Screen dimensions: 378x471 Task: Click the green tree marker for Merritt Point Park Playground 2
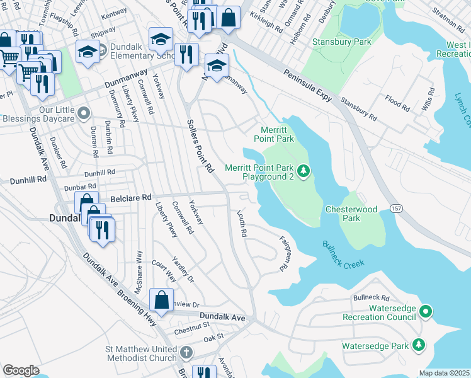pyautogui.click(x=304, y=171)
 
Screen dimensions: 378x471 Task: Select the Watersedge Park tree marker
pyautogui.click(x=418, y=345)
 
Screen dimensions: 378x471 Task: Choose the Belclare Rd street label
pyautogui.click(x=132, y=197)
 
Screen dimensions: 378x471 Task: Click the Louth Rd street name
pyautogui.click(x=241, y=224)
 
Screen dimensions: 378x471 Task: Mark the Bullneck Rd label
pyautogui.click(x=372, y=297)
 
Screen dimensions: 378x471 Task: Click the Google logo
pyautogui.click(x=21, y=370)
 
